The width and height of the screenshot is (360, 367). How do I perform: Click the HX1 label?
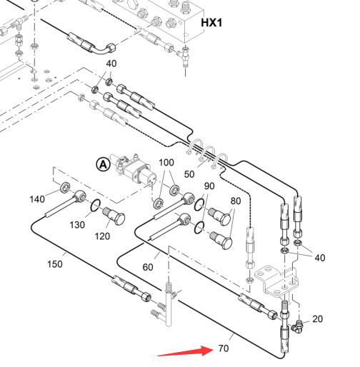(x=211, y=23)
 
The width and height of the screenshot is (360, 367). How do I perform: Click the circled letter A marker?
(x=103, y=164)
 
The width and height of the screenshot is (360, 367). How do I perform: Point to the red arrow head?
(x=208, y=351)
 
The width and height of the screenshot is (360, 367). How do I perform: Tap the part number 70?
(x=224, y=348)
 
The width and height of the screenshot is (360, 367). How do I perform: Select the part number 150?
(x=55, y=264)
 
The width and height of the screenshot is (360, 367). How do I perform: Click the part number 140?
(x=37, y=199)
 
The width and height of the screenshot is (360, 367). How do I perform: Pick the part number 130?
(x=77, y=225)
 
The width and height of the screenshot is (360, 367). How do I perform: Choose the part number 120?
(x=102, y=236)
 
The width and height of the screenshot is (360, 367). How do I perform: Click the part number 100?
(x=166, y=163)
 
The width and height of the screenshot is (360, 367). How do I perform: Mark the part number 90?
(x=209, y=186)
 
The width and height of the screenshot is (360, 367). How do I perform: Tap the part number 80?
(x=236, y=201)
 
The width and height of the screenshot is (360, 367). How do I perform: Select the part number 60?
(x=148, y=267)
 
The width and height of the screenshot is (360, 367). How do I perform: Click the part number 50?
(x=189, y=174)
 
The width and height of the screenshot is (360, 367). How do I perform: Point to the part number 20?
(x=318, y=319)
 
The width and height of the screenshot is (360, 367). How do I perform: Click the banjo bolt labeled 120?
(x=114, y=216)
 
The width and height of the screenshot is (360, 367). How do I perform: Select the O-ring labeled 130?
(x=95, y=205)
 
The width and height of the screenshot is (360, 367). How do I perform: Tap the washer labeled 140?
(x=65, y=187)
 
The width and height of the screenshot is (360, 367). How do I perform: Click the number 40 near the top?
(x=111, y=64)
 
